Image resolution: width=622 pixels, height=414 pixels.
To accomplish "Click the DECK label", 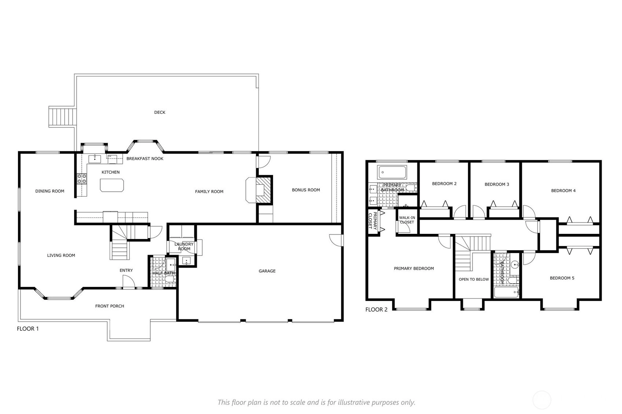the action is tap(160, 112).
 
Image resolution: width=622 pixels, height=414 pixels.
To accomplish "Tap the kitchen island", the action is tap(112, 185).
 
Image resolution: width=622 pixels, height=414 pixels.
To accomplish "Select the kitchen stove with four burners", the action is tap(82, 179).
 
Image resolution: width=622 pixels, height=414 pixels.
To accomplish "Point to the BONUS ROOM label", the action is tap(306, 190).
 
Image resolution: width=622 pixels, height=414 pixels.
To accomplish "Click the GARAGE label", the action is tap(267, 271).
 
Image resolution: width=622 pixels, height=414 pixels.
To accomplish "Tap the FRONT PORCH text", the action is tap(110, 306).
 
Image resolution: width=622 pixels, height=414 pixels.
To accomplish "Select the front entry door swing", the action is tap(129, 282).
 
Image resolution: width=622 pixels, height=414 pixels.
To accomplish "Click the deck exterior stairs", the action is tap(63, 117).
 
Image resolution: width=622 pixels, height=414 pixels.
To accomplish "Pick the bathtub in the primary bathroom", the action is tap(392, 172).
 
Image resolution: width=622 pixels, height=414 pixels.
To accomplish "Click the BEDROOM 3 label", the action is tap(497, 184).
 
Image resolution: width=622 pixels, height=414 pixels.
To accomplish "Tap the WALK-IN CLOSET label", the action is tap(407, 220).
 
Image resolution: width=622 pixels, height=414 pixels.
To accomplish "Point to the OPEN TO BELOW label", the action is tap(474, 279).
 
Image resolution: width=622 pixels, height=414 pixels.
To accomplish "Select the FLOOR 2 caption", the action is tap(376, 310).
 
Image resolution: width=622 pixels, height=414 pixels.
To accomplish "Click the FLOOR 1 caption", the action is tap(28, 329).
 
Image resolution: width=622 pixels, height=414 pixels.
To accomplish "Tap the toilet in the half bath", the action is tap(170, 281).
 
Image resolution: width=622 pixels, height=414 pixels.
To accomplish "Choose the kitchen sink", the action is tap(95, 159).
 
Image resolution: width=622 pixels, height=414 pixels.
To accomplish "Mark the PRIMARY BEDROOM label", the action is tap(414, 268).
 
